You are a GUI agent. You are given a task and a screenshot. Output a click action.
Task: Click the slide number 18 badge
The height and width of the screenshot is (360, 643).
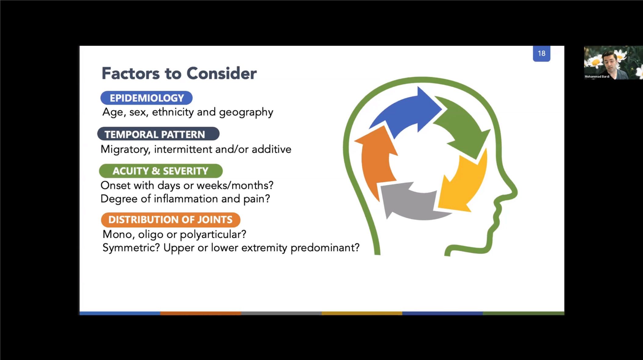(542, 54)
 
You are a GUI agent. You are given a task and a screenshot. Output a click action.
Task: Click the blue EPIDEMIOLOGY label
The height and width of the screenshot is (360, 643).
(147, 98)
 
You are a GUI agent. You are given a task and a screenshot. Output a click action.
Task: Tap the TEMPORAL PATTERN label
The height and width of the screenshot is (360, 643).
(158, 134)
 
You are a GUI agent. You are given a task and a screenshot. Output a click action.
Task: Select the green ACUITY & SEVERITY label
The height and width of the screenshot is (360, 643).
(161, 171)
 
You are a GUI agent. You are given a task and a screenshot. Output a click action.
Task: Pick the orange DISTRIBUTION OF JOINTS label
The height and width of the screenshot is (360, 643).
(171, 220)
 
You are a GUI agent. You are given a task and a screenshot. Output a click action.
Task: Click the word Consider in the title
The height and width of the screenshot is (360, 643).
(222, 73)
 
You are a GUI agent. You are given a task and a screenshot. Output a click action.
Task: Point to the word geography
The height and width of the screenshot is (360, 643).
(246, 112)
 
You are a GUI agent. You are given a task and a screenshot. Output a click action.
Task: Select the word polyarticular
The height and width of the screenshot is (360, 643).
(213, 235)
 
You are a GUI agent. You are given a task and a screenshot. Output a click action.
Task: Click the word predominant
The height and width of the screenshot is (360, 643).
(325, 248)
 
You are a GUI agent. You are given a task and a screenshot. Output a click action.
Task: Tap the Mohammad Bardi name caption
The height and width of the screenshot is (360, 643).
(597, 77)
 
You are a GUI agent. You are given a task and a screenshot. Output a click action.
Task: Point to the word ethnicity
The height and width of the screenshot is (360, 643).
(173, 112)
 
